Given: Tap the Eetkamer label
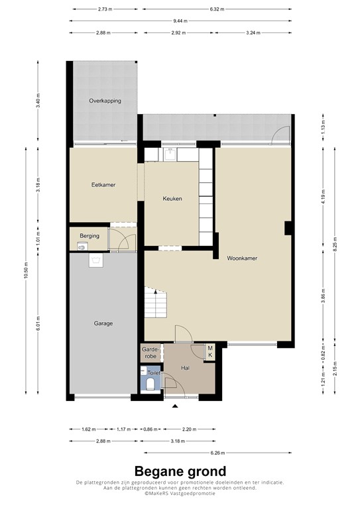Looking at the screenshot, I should pyautogui.click(x=103, y=185).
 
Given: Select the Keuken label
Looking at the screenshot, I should pyautogui.click(x=172, y=198).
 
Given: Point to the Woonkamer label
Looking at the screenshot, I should pyautogui.click(x=242, y=258).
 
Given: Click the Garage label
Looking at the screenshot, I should pyautogui.click(x=103, y=323).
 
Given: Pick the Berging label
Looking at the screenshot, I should pyautogui.click(x=90, y=235).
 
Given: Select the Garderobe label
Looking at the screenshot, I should pyautogui.click(x=150, y=352).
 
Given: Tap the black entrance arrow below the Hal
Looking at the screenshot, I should pyautogui.click(x=175, y=406).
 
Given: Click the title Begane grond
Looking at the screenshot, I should pyautogui.click(x=180, y=471).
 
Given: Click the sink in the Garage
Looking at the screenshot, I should pyautogui.click(x=96, y=260).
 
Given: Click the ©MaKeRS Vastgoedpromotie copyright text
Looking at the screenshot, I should pyautogui.click(x=180, y=494).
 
